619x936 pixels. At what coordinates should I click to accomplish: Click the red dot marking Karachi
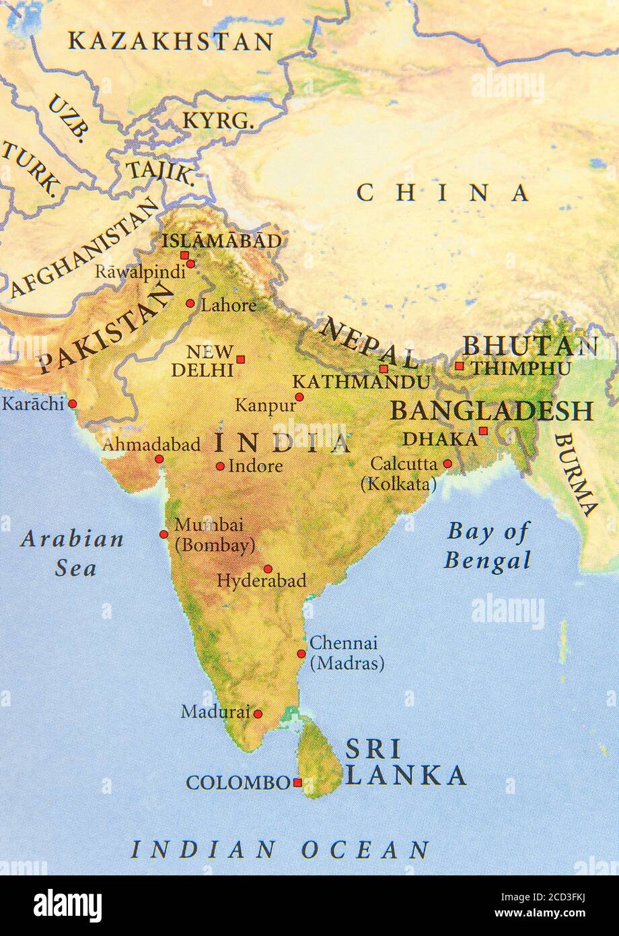tap(73, 404)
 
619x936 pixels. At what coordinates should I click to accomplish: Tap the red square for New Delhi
tap(240, 359)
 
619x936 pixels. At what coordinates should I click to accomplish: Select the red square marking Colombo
tap(297, 782)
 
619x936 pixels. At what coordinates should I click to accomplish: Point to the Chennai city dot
tap(301, 653)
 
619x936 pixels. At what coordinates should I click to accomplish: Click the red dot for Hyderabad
tap(268, 569)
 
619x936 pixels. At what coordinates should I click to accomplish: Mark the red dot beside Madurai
tap(258, 714)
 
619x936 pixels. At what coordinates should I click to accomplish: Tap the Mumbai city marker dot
tap(163, 534)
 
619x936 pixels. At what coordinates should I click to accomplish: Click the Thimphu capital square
tap(460, 366)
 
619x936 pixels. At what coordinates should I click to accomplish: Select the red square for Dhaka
tap(483, 431)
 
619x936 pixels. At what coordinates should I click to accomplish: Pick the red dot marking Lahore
tap(190, 303)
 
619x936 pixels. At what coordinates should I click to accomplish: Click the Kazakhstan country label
tap(170, 42)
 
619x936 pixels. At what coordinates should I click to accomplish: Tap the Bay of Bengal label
tap(488, 546)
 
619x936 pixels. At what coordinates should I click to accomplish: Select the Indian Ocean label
tap(280, 850)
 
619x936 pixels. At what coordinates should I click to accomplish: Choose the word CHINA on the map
tap(442, 193)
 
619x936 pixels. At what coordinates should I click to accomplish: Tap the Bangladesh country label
tap(492, 410)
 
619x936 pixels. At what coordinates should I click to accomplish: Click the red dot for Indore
tap(220, 466)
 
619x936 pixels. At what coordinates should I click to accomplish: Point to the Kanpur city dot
tap(299, 397)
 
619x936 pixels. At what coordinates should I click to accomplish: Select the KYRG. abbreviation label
tap(219, 121)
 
